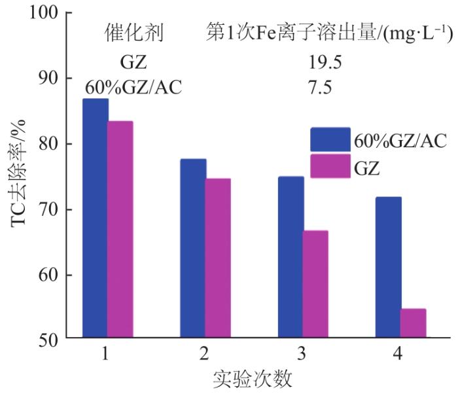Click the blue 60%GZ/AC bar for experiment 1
coord(96,219)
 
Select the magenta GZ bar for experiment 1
coord(120,230)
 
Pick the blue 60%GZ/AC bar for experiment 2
coord(193,249)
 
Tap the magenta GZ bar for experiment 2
coord(218,259)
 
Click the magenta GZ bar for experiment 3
coord(315,285)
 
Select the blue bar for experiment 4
coord(389,268)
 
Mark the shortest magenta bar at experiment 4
coord(413,324)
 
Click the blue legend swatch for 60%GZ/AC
coord(330,140)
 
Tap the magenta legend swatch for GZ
coord(330,168)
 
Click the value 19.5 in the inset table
coord(326,63)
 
